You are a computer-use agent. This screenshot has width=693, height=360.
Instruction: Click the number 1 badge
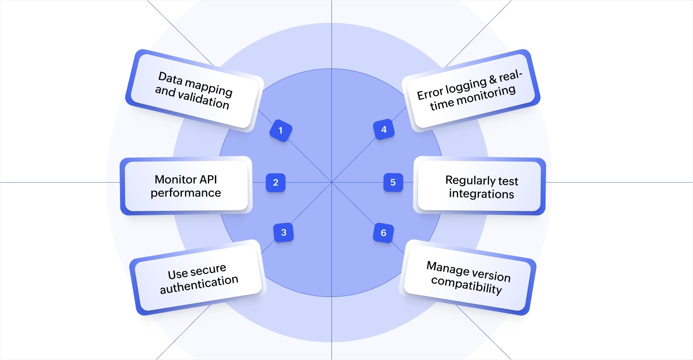click(x=280, y=131)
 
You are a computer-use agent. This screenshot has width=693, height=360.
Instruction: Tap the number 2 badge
click(x=275, y=183)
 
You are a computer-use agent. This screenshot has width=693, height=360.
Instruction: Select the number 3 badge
click(x=283, y=232)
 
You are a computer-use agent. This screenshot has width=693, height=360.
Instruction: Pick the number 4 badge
click(x=384, y=130)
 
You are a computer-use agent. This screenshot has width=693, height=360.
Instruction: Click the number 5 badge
click(x=393, y=183)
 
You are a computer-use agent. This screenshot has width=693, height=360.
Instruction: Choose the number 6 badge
click(x=383, y=233)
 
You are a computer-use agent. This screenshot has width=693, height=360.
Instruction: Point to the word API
click(x=208, y=179)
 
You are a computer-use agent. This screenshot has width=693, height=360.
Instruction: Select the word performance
click(x=185, y=193)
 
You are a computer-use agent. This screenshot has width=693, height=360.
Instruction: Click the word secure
click(x=208, y=270)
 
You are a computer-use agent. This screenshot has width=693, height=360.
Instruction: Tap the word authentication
click(x=199, y=285)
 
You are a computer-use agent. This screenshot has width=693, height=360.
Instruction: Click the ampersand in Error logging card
click(x=493, y=80)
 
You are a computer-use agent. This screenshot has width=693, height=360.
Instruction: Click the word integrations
click(x=481, y=194)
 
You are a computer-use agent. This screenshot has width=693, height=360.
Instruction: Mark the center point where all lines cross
click(x=331, y=182)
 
